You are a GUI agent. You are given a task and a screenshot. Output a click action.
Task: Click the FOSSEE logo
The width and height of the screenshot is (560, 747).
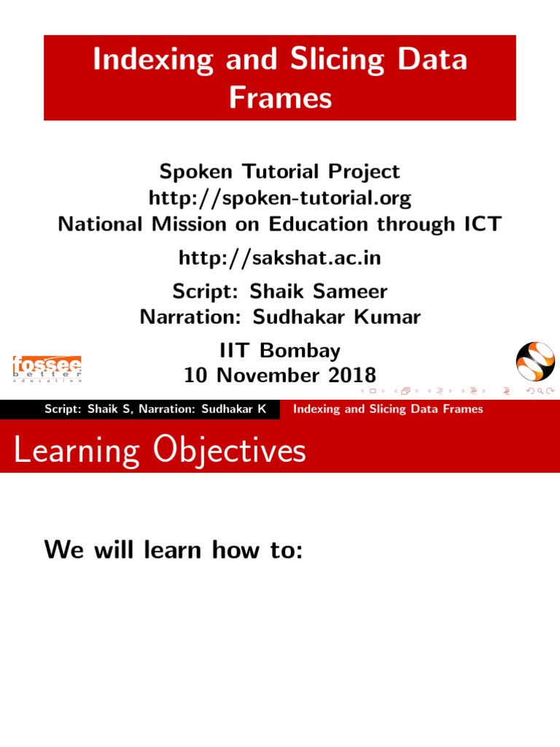tap(47, 368)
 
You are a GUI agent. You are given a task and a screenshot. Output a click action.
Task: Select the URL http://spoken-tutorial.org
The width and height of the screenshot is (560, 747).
tap(280, 198)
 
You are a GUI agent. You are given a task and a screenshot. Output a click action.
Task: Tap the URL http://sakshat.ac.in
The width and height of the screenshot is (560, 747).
tap(280, 258)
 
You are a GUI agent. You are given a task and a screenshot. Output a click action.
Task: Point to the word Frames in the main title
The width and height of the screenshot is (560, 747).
tap(280, 97)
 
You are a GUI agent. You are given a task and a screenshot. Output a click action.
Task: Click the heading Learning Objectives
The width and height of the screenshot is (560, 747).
tap(160, 452)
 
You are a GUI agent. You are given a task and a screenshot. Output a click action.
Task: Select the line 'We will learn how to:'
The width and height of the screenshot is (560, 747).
tap(173, 549)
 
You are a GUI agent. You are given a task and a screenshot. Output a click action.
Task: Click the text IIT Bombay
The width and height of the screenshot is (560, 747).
tap(280, 351)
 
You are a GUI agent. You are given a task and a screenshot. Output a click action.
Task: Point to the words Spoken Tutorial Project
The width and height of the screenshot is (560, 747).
tap(280, 172)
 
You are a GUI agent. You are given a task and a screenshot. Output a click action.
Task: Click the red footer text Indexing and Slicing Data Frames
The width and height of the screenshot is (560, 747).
tap(388, 409)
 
